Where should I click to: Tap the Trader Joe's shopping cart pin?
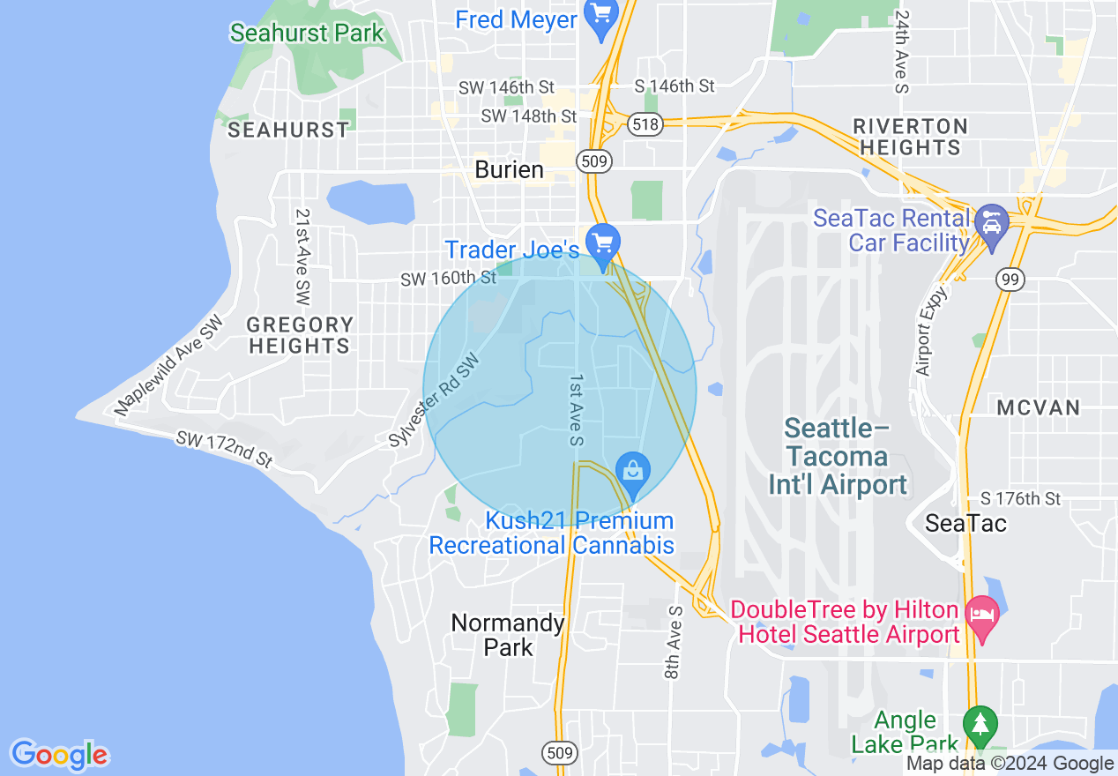[x=604, y=241]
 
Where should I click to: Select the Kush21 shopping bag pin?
[x=632, y=469]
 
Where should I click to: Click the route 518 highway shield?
[x=645, y=124]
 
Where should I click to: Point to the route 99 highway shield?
[x=1010, y=280]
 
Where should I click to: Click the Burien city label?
[x=509, y=169]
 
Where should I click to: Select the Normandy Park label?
[x=508, y=635]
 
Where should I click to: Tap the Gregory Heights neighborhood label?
[x=300, y=335]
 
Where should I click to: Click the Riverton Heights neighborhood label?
[x=911, y=137]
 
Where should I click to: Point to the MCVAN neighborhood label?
[x=1039, y=407]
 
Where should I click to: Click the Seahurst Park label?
[x=307, y=34]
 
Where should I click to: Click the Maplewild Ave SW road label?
[x=170, y=367]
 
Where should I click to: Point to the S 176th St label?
[x=1022, y=499]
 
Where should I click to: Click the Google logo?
[x=59, y=755]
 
